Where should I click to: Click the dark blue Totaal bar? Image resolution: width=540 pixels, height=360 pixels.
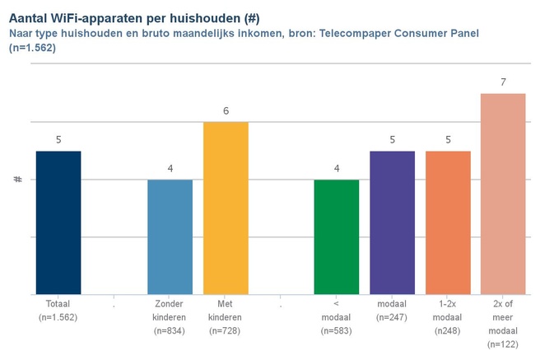tap(58, 222)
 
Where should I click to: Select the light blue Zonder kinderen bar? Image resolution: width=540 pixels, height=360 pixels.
tap(170, 236)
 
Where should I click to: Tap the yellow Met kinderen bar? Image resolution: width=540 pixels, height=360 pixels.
tap(226, 208)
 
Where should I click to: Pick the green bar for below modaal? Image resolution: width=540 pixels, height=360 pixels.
tap(337, 236)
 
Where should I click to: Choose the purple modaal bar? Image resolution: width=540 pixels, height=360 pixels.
tap(393, 222)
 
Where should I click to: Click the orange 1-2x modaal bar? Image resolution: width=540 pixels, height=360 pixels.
tap(448, 222)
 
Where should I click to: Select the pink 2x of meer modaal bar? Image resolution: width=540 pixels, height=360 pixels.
tap(503, 194)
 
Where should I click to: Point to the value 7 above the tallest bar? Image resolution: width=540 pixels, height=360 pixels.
tap(503, 82)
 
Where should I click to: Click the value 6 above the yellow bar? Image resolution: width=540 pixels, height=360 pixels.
tap(226, 111)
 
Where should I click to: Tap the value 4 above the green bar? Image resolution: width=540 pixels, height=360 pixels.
tap(337, 169)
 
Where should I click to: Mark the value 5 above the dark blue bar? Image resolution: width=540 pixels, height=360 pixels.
tap(58, 140)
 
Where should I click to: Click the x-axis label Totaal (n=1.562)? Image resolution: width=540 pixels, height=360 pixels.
tap(58, 311)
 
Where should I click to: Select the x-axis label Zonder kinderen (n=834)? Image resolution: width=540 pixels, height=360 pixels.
tap(170, 317)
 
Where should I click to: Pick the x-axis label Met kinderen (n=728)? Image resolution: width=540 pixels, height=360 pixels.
tap(226, 317)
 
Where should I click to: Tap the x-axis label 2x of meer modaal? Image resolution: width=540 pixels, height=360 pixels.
tap(503, 324)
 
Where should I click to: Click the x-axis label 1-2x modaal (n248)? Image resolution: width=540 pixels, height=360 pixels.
tap(448, 317)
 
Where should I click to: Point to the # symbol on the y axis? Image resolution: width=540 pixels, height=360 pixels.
tap(17, 179)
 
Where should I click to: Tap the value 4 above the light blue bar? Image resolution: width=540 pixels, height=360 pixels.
tap(170, 169)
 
